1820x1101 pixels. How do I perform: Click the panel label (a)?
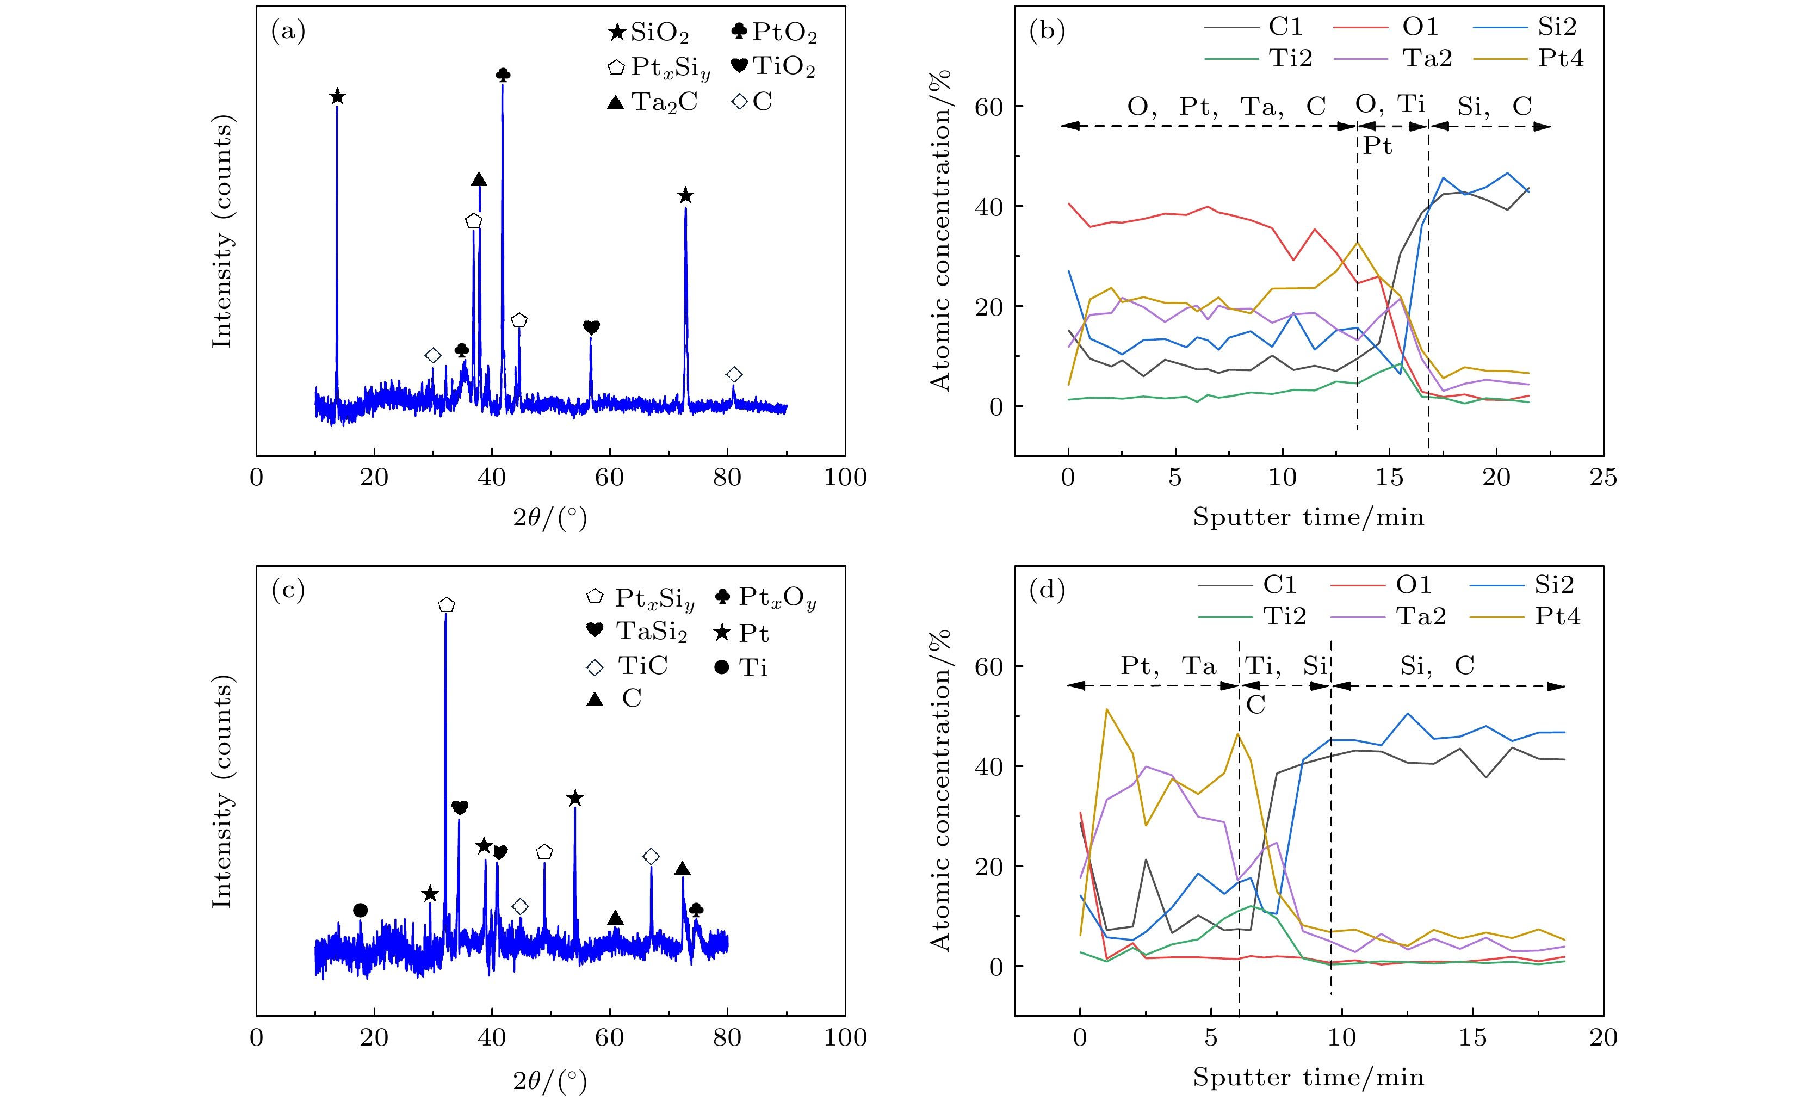click(288, 31)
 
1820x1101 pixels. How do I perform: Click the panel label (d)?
click(1047, 590)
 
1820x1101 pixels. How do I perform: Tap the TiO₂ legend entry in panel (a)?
click(773, 66)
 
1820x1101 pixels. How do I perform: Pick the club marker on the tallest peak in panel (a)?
click(503, 75)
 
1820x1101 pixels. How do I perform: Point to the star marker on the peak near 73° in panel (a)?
click(685, 196)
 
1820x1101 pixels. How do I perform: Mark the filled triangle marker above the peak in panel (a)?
click(479, 180)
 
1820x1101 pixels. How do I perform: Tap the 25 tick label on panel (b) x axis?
click(1603, 478)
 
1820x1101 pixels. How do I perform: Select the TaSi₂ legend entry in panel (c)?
click(637, 631)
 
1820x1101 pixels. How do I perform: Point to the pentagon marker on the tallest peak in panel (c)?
click(446, 605)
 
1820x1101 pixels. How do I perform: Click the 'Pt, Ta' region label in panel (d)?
click(1168, 666)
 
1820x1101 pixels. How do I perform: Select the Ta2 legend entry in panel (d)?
click(1388, 616)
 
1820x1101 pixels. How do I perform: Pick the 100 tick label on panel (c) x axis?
click(845, 1037)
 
